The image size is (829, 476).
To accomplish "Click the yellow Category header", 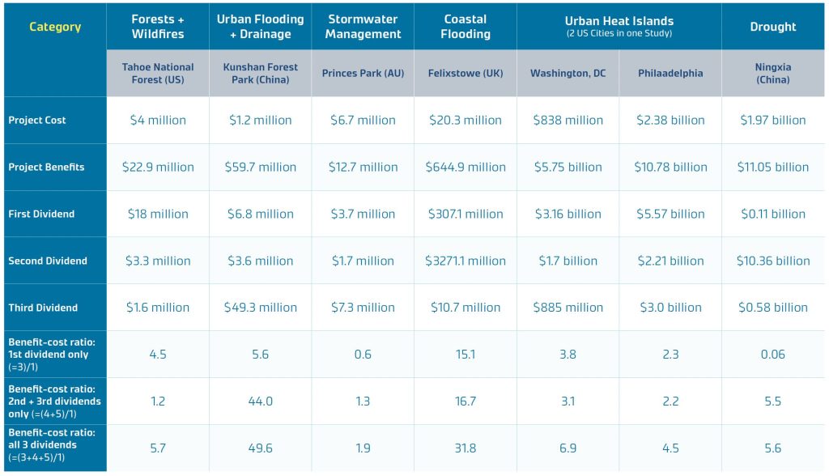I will tap(55, 27).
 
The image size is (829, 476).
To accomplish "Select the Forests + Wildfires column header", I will tap(158, 27).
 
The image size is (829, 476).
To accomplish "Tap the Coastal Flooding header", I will tap(466, 27).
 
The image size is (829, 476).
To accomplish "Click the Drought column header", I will tap(773, 27).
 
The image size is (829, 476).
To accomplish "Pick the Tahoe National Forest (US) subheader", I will tap(158, 73).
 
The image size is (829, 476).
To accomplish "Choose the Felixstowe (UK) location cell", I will tap(466, 73).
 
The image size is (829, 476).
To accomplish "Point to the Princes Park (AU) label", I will tap(363, 73).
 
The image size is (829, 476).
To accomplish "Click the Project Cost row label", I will tap(37, 120).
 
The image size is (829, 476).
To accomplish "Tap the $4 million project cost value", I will tap(158, 120).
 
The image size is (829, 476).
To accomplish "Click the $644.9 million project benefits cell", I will tap(466, 167).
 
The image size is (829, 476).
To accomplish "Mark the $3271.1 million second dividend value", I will tap(466, 261).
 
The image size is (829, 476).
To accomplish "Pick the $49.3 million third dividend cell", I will tap(261, 308).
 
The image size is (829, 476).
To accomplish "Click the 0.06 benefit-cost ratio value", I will tap(773, 354).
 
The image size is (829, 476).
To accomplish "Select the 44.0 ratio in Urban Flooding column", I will tap(261, 401).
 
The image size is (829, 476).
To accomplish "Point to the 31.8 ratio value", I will tap(466, 448).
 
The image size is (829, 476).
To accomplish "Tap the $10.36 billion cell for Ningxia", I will tap(773, 261).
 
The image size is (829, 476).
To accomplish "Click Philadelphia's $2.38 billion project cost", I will tap(670, 120).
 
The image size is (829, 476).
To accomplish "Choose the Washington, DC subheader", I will tap(568, 73).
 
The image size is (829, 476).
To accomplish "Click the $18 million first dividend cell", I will tap(158, 214).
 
